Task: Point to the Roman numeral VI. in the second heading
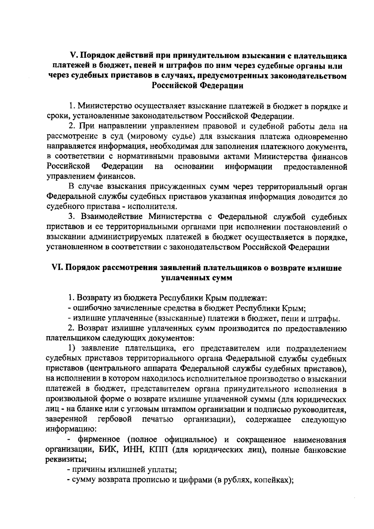[x=56, y=268]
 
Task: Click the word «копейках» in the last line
[x=272, y=480]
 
